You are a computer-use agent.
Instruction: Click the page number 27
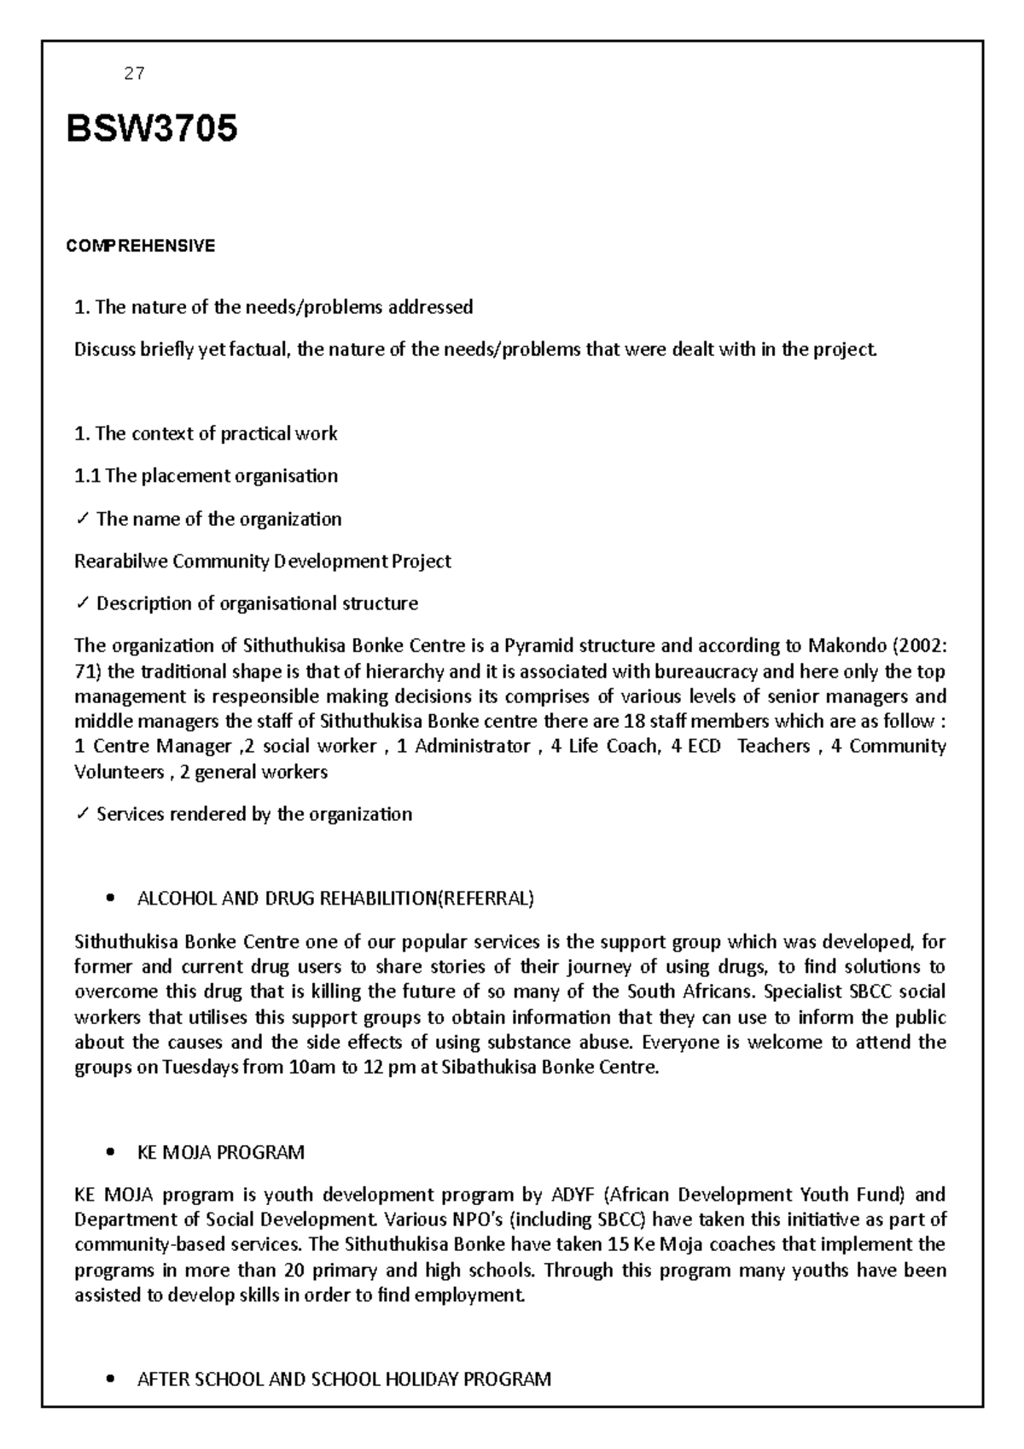[134, 74]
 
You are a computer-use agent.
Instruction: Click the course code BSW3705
[152, 130]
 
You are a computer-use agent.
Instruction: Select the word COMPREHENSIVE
[141, 247]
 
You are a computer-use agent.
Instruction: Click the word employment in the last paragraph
[471, 1296]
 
